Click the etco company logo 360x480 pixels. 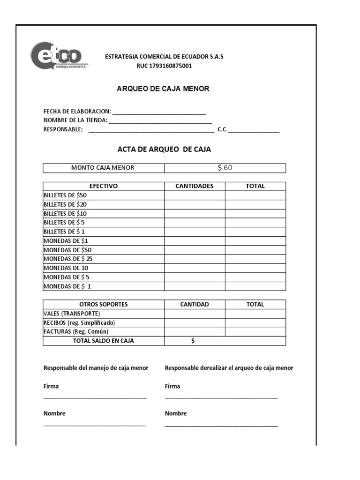pyautogui.click(x=59, y=56)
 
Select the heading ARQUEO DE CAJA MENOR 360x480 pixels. pyautogui.click(x=163, y=89)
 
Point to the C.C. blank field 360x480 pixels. pyautogui.click(x=254, y=131)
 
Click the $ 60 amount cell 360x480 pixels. pyautogui.click(x=225, y=168)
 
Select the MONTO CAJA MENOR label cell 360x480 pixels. pyautogui.click(x=103, y=168)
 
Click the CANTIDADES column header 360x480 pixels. pyautogui.click(x=195, y=186)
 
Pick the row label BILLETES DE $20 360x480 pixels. pyautogui.click(x=65, y=204)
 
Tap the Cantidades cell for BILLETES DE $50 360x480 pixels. pyautogui.click(x=195, y=195)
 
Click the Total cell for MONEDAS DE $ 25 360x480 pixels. pyautogui.click(x=255, y=259)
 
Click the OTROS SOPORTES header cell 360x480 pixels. pyautogui.click(x=103, y=304)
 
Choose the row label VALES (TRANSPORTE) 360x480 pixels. pyautogui.click(x=72, y=314)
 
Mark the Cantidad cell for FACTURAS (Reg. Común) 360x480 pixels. pyautogui.click(x=195, y=332)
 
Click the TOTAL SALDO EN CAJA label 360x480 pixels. pyautogui.click(x=103, y=341)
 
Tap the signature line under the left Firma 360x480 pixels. pyautogui.click(x=95, y=397)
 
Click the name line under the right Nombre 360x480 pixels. pyautogui.click(x=221, y=425)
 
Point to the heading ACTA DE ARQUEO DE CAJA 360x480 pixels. pyautogui.click(x=164, y=150)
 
